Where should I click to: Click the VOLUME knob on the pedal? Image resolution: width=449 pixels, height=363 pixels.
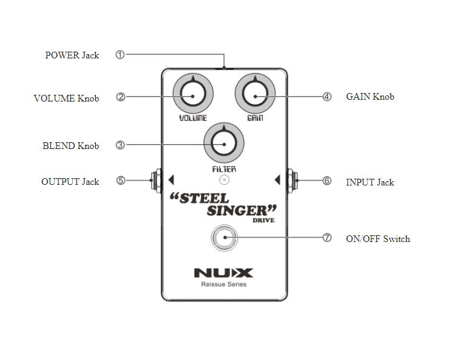pos(192,96)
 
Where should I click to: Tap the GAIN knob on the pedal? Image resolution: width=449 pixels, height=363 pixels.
pos(255,96)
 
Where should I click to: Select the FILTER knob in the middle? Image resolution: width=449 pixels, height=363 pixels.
pos(224,144)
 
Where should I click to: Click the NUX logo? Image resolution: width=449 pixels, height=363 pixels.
pos(223,273)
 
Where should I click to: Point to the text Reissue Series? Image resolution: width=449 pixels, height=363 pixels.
pos(223,285)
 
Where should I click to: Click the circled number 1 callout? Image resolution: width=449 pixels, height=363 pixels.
pos(120,55)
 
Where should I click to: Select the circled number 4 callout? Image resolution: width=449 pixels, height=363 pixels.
pos(327,96)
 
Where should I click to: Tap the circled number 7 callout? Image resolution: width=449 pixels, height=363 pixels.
pos(327,238)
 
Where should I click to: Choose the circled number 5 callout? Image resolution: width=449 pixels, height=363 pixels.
pos(121,181)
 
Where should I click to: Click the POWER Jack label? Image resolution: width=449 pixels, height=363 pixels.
pos(72,55)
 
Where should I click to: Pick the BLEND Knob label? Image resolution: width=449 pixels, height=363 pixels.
pos(70,146)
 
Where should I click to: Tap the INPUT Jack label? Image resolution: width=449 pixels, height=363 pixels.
pos(370,182)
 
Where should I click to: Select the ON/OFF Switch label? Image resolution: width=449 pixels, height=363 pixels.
pos(377,239)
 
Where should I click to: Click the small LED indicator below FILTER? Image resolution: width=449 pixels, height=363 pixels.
pos(224,180)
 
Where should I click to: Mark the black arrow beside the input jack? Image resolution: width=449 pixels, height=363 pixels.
pos(277,179)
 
